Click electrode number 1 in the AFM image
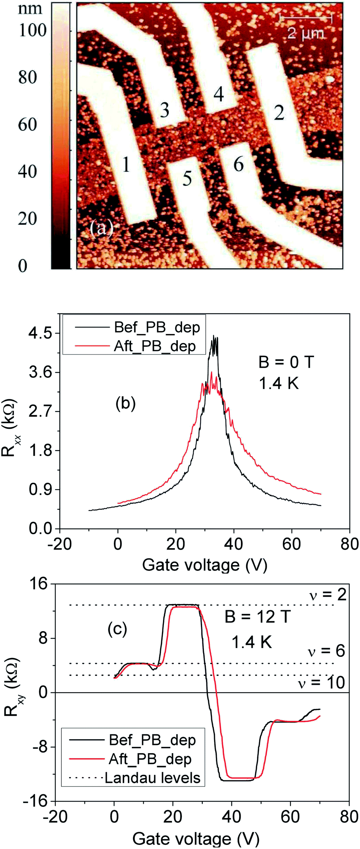point(126,164)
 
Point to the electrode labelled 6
point(239,164)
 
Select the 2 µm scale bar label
point(306,34)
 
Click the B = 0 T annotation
point(286,362)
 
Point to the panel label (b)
point(126,403)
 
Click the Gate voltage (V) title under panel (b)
point(205,565)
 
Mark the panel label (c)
point(117,629)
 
